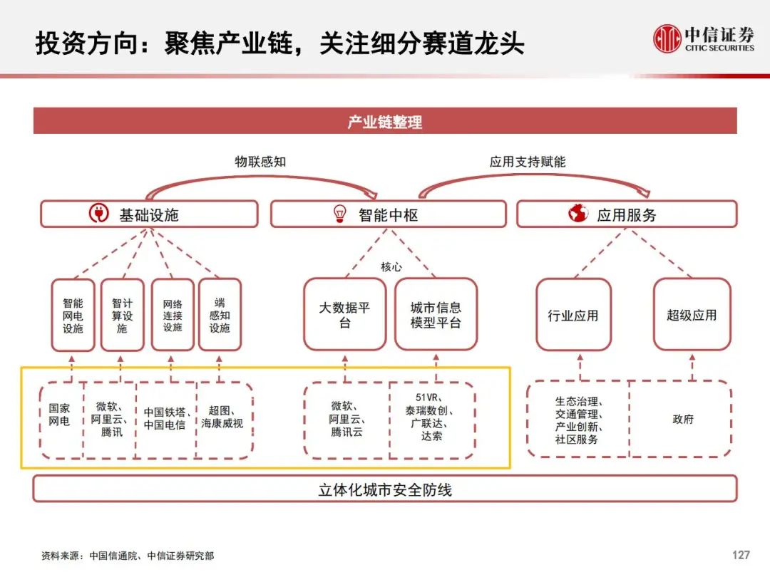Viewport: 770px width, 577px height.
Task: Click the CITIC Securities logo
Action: point(703,38)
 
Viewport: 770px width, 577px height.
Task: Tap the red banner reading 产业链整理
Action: point(385,120)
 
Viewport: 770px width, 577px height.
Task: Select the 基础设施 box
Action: point(149,214)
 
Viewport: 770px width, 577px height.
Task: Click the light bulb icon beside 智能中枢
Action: point(339,214)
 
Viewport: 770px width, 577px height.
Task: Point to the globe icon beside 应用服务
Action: point(578,214)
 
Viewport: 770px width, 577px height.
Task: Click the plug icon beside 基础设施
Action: point(98,214)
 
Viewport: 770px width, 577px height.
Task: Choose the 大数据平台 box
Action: point(345,315)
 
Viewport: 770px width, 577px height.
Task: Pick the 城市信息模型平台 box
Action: point(436,315)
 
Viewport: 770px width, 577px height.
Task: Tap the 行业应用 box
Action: point(573,315)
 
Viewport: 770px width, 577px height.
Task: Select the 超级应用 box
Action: point(692,315)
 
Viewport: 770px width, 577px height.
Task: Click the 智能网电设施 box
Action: point(73,315)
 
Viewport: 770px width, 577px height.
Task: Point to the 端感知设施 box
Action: point(220,315)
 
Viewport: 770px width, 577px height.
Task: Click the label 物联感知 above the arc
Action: point(260,162)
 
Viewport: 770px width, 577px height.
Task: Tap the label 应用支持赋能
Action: point(528,162)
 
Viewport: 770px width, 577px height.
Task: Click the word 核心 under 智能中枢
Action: point(391,267)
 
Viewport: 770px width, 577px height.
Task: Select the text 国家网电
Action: point(59,415)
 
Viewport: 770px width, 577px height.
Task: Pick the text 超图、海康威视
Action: point(222,417)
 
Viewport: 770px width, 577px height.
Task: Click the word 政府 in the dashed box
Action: point(683,419)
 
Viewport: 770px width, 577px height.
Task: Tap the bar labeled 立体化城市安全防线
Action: point(385,489)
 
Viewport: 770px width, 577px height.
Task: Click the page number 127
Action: point(741,555)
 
